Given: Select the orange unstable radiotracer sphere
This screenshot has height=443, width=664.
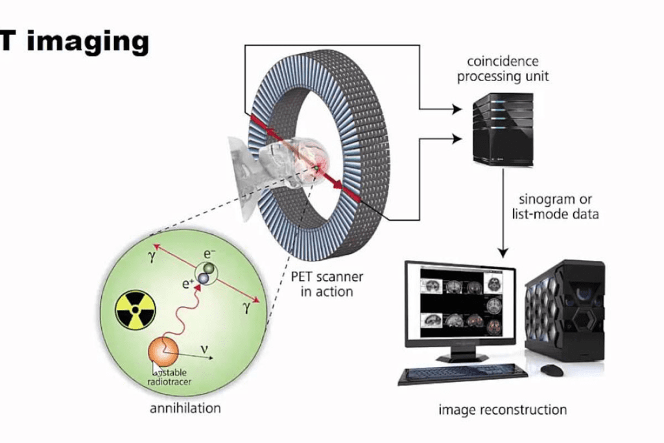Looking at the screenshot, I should [x=163, y=352].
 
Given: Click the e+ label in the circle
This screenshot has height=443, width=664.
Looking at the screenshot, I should [x=188, y=283].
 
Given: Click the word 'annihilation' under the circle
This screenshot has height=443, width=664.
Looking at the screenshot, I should [x=185, y=409].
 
